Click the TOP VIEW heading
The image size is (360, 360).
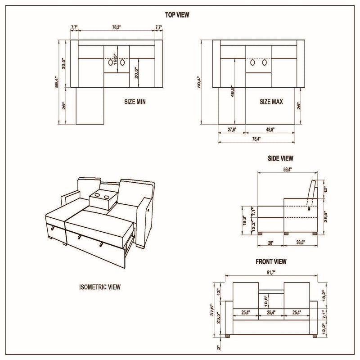click(x=177, y=15)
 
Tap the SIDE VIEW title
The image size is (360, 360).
click(x=281, y=158)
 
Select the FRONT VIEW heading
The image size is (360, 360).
click(x=271, y=261)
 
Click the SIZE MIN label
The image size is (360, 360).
click(x=135, y=102)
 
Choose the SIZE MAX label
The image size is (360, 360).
click(x=271, y=102)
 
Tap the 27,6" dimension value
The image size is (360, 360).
click(x=232, y=130)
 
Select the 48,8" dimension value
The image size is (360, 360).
click(x=270, y=130)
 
